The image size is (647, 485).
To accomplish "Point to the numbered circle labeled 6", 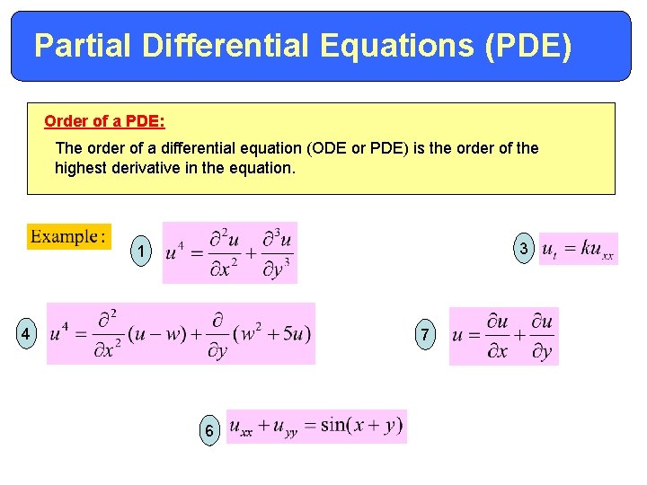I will pyautogui.click(x=209, y=431).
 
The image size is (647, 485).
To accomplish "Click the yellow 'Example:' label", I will pyautogui.click(x=68, y=237).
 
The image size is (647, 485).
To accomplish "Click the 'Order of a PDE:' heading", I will pyautogui.click(x=104, y=120).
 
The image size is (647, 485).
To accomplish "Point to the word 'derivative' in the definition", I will pyautogui.click(x=154, y=167).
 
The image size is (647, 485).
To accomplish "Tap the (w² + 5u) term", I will pyautogui.click(x=271, y=334).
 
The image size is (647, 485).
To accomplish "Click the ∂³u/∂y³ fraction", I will pyautogui.click(x=276, y=251).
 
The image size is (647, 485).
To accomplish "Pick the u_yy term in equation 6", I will pyautogui.click(x=286, y=428).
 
